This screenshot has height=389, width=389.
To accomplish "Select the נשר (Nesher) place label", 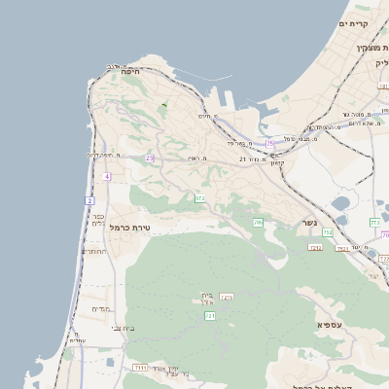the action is (309, 222).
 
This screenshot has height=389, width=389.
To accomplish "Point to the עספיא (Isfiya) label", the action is (331, 324).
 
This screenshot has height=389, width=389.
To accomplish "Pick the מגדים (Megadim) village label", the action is (100, 308).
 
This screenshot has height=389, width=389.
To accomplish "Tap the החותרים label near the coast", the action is (94, 251).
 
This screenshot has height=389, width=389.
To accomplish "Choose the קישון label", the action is (277, 162).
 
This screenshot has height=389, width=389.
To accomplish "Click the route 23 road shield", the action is (150, 158).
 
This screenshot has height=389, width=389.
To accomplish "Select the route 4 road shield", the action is (107, 176).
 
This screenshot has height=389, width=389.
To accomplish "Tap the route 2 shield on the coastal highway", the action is (89, 200).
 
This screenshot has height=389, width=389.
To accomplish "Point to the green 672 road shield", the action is (200, 198).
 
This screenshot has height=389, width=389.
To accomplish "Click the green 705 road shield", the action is (258, 224).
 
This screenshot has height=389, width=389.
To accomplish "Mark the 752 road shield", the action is (328, 233).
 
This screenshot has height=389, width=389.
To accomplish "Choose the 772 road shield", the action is (374, 223).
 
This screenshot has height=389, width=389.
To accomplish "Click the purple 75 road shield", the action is (269, 144).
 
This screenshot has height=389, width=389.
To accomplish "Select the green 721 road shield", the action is (209, 315).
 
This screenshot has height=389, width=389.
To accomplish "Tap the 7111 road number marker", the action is (141, 368).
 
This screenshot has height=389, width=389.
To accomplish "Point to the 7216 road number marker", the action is (227, 297).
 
